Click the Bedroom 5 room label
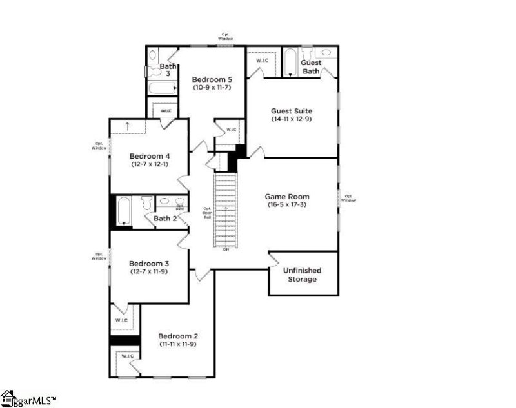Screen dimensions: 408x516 (211, 80)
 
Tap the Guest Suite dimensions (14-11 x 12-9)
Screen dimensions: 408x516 (291, 119)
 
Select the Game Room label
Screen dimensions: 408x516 (287, 196)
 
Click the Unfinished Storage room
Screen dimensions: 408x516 (302, 275)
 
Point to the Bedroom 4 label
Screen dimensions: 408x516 (150, 155)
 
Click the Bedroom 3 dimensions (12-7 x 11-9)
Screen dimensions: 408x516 (149, 272)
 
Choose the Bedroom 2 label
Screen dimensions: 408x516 (178, 336)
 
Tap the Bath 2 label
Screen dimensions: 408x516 (165, 219)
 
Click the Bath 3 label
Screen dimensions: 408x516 (168, 70)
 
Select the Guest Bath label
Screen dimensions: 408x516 (311, 66)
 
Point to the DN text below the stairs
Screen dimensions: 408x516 (226, 249)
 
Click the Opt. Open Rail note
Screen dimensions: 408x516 (207, 213)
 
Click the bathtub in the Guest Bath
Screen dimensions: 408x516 (291, 62)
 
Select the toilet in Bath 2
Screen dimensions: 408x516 (146, 202)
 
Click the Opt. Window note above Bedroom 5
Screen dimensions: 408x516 (225, 37)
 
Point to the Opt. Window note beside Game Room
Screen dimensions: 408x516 (348, 198)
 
